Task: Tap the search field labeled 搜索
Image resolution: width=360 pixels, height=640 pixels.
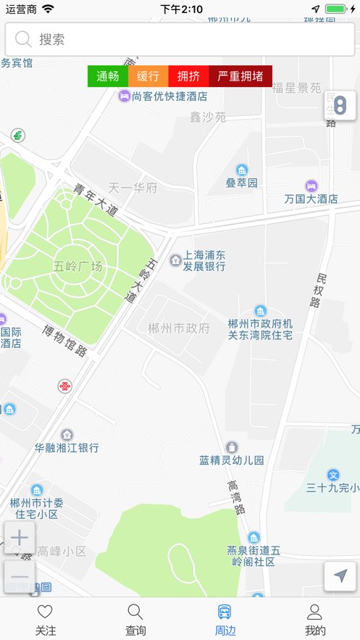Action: [180, 39]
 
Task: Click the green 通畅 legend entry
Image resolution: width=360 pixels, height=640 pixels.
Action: [108, 76]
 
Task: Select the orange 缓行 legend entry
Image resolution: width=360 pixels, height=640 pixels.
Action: [148, 76]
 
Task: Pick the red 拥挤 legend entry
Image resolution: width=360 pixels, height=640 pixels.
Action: [188, 76]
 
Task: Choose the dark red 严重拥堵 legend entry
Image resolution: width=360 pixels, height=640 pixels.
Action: [240, 76]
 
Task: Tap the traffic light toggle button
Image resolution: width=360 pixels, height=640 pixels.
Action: [340, 106]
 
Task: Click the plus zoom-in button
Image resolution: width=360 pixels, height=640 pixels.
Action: [20, 538]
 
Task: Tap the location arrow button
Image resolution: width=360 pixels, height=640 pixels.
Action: [340, 576]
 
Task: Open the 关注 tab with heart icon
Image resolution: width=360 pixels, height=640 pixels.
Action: [45, 620]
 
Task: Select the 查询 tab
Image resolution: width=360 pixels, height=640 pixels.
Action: [135, 620]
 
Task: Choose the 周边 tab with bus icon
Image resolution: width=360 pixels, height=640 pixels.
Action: [225, 620]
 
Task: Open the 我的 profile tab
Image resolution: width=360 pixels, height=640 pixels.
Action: [315, 620]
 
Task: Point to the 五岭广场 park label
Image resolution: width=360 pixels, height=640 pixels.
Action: [78, 265]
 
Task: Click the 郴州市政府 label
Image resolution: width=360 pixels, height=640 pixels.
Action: [178, 328]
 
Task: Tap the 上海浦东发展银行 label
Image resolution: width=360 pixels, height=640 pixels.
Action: [204, 260]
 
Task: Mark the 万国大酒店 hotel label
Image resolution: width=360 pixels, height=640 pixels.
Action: [311, 198]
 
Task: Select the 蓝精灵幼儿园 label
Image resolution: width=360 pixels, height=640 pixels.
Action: [232, 460]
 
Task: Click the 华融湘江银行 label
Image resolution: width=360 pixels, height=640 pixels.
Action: [67, 447]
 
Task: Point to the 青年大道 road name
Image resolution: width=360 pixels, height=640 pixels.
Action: [95, 199]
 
